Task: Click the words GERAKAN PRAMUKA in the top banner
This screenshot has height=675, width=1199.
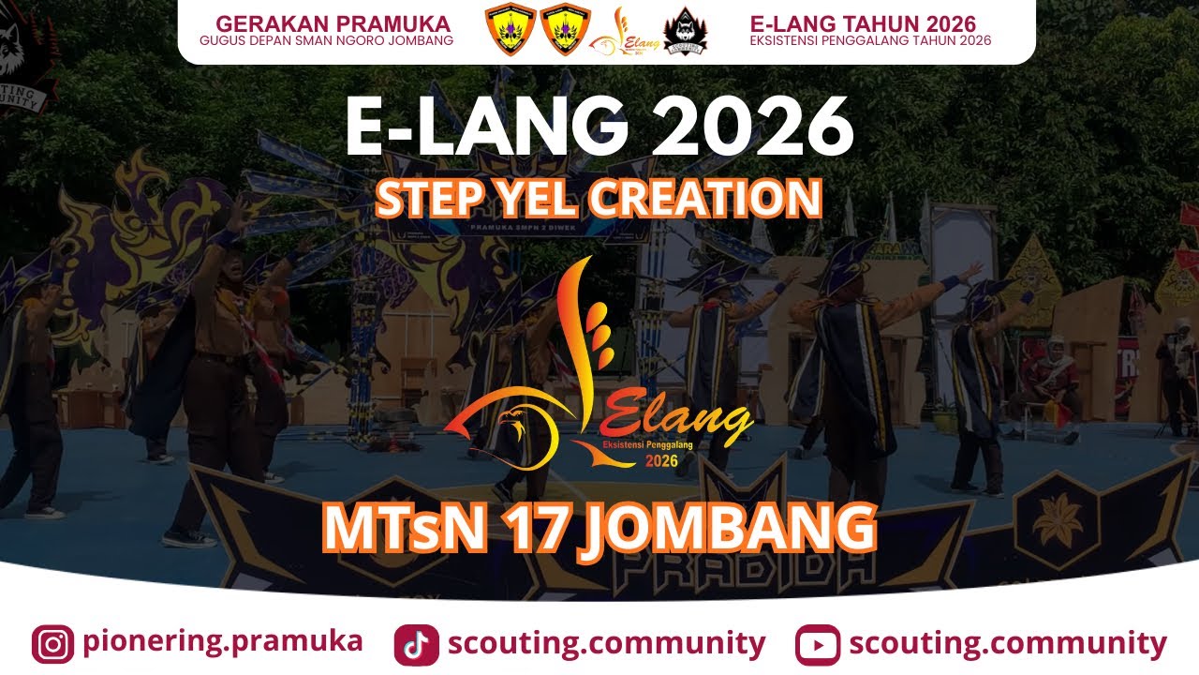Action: [x=333, y=23]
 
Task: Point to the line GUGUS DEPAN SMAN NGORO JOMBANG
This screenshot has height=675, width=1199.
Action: [x=326, y=41]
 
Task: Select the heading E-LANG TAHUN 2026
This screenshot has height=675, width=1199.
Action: [x=863, y=23]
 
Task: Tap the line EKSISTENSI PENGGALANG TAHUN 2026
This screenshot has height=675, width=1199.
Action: [x=870, y=41]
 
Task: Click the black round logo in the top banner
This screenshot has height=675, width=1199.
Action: [x=686, y=32]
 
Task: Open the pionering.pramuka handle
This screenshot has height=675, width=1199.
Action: [x=222, y=642]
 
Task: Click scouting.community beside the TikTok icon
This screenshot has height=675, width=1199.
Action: [x=606, y=644]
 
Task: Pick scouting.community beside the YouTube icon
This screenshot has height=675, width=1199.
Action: [x=1008, y=644]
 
